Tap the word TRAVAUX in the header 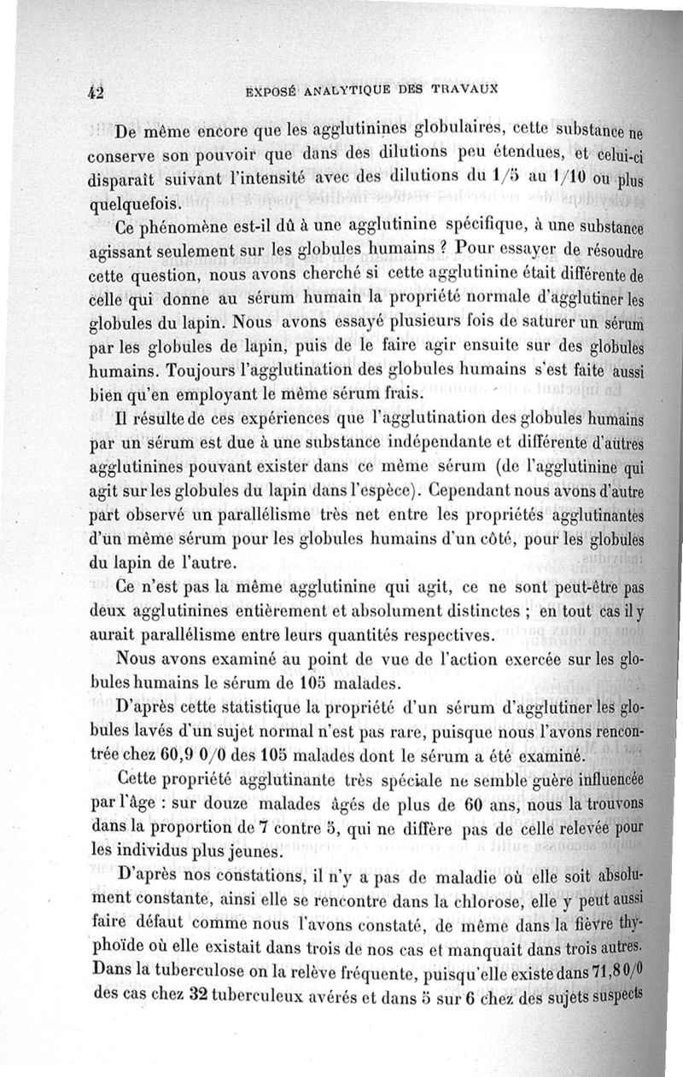465,87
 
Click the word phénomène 193,229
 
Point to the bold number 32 197,996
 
